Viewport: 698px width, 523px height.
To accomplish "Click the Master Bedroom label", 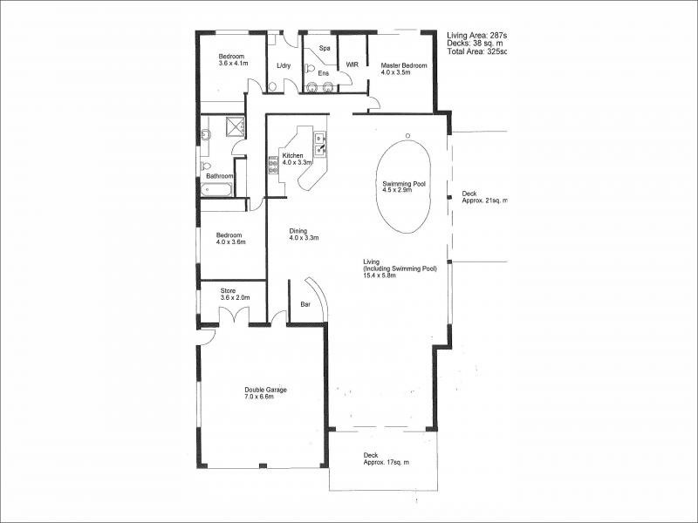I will click(x=403, y=66).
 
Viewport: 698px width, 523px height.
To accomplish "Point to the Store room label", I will click(x=228, y=291).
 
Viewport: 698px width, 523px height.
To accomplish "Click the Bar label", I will click(x=305, y=305).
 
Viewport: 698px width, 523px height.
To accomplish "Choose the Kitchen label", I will click(x=292, y=156).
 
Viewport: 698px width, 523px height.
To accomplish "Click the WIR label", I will click(x=352, y=65).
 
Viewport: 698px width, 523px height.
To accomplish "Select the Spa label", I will click(x=324, y=49).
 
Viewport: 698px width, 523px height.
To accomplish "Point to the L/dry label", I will click(x=283, y=66).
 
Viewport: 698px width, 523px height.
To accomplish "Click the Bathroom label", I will click(x=219, y=175).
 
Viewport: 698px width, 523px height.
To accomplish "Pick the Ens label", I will click(x=323, y=74).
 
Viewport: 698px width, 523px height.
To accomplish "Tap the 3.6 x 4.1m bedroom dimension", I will click(x=233, y=64).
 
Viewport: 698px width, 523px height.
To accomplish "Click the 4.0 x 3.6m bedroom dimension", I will click(x=231, y=242).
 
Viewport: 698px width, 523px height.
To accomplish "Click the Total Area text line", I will click(x=476, y=51).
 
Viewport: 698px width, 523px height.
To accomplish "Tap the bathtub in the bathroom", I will click(x=218, y=189).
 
